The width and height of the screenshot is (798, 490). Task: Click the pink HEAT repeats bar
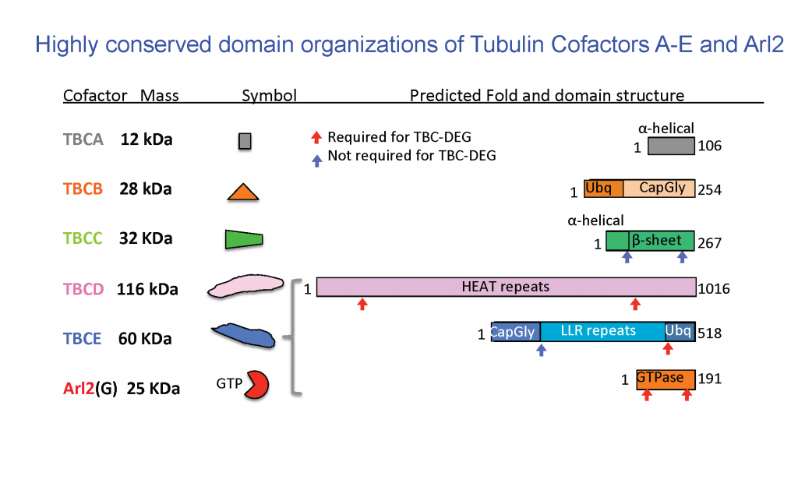click(x=506, y=287)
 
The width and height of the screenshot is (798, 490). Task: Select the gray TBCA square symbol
click(x=245, y=141)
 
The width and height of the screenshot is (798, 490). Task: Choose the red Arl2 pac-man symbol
click(x=256, y=385)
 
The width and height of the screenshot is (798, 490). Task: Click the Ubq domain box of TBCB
click(x=603, y=189)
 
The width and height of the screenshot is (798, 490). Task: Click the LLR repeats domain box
click(x=602, y=331)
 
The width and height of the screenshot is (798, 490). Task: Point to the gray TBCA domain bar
click(x=671, y=146)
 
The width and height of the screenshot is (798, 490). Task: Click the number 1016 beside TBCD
click(x=715, y=289)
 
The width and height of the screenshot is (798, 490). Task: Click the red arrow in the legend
click(x=316, y=138)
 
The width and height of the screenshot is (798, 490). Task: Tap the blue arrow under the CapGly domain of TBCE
click(x=542, y=351)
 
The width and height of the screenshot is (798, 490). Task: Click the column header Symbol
click(x=269, y=96)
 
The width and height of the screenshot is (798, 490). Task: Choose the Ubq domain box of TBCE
click(x=678, y=331)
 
